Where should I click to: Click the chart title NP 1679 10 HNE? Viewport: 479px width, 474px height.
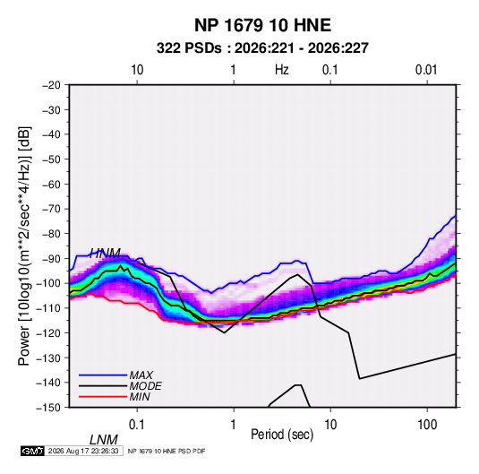click(262, 25)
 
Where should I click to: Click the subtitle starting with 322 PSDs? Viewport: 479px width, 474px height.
click(262, 48)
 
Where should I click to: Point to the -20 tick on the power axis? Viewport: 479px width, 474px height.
click(51, 85)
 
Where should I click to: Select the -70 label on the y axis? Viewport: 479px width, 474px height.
click(51, 209)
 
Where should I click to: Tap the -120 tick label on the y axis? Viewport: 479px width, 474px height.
click(49, 332)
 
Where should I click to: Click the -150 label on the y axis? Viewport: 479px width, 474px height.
click(49, 408)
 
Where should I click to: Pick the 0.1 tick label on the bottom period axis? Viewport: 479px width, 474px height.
click(137, 425)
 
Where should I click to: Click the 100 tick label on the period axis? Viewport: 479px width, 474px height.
click(427, 425)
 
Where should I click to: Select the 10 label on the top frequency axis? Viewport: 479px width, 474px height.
click(137, 70)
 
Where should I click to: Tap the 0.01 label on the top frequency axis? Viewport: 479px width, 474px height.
click(426, 70)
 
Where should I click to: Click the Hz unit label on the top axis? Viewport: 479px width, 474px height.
click(282, 70)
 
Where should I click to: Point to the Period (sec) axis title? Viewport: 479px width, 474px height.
click(282, 435)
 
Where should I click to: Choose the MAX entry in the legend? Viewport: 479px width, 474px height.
click(141, 375)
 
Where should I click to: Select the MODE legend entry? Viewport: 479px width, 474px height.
click(145, 386)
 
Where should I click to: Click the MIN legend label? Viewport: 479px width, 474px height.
click(140, 397)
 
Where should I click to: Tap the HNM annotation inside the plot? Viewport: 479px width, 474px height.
click(105, 254)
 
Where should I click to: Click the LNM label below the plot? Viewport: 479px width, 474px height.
click(103, 440)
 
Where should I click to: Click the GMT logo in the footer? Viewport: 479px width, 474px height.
click(33, 451)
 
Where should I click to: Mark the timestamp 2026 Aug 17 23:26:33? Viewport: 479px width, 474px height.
click(83, 451)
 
